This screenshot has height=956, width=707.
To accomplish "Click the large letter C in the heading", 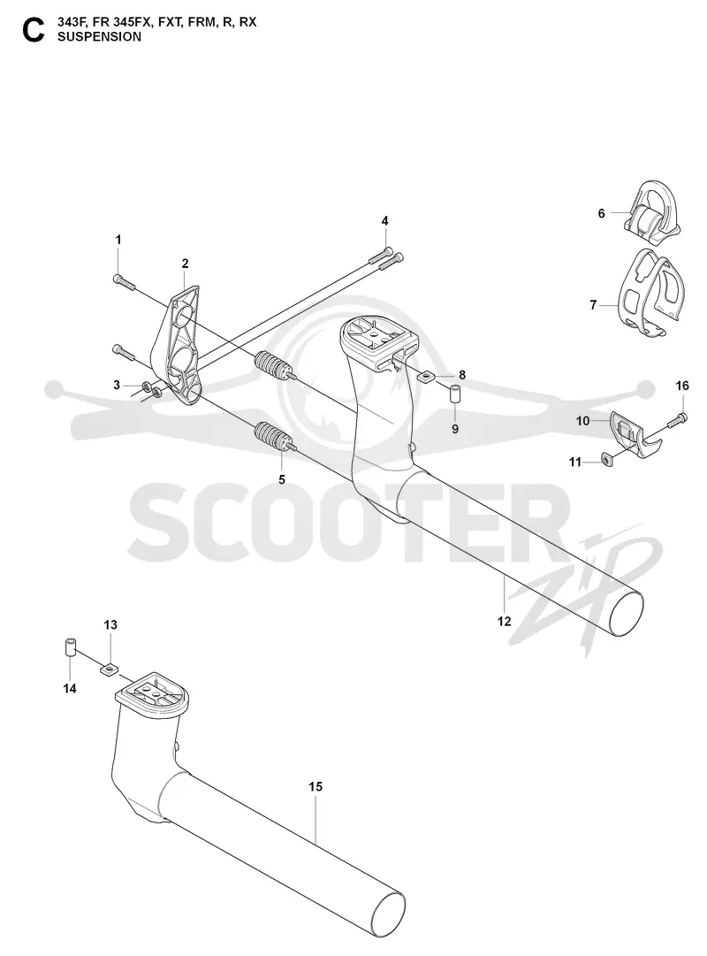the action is [33, 30].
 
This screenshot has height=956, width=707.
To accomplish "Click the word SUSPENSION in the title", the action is [99, 36].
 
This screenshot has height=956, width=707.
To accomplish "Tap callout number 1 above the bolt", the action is [118, 240].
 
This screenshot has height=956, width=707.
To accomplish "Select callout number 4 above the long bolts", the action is [384, 221].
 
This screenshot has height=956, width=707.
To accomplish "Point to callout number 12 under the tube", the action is [504, 622].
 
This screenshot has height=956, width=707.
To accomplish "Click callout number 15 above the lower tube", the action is [315, 786].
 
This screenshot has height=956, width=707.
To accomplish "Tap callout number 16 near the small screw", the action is [682, 386].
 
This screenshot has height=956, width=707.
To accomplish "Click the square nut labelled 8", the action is [427, 377].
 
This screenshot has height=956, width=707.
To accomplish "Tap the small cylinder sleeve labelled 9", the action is [455, 394].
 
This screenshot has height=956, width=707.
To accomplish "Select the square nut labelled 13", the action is [109, 669].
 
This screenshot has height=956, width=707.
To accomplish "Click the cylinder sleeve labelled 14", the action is [70, 646].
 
